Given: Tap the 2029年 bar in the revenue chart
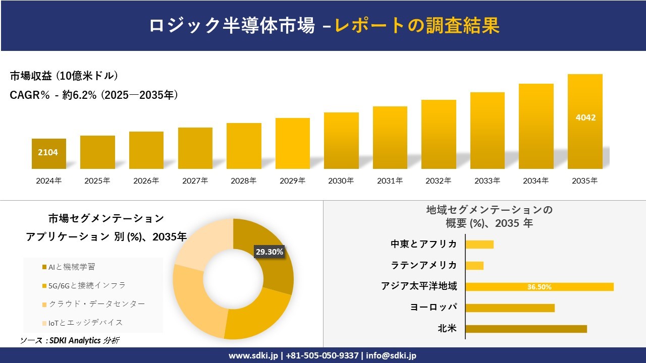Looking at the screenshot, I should click(x=292, y=144).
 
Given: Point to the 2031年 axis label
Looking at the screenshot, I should click(x=390, y=180).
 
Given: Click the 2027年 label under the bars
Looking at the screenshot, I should click(x=195, y=180).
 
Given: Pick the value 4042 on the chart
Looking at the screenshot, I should click(x=585, y=117).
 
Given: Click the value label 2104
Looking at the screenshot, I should click(x=48, y=152).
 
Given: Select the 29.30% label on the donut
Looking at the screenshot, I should click(x=270, y=252).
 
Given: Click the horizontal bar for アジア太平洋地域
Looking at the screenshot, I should click(x=539, y=287).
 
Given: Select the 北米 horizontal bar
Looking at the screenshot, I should click(x=526, y=329).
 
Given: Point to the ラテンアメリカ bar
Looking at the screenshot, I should click(x=474, y=266).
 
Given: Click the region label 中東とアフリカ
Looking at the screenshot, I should click(x=423, y=244).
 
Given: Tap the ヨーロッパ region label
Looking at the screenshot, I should click(x=434, y=307).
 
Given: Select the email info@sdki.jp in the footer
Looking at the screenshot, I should click(x=392, y=355).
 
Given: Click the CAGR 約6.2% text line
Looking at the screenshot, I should click(x=94, y=95).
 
